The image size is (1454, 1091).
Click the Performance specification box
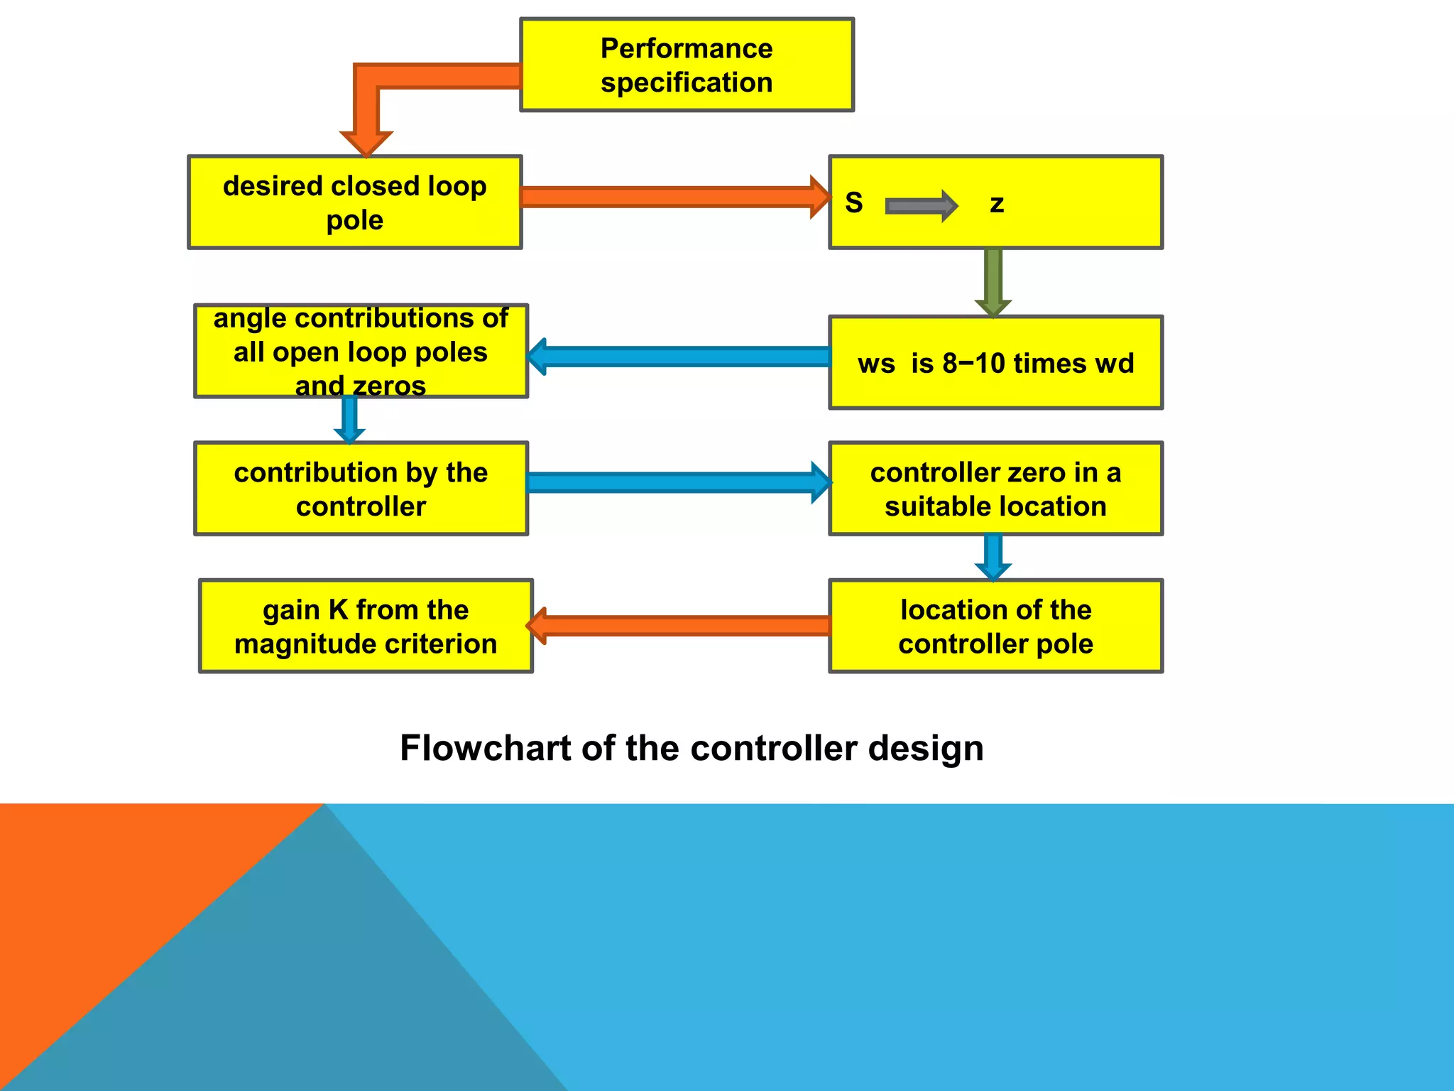(687, 65)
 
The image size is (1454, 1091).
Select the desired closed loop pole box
(354, 202)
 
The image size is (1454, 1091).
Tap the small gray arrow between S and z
(921, 206)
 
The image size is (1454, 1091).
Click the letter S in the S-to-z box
(854, 203)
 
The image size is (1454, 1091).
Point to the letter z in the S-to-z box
(997, 204)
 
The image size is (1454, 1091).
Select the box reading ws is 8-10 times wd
(995, 363)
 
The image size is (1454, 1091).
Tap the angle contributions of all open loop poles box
(361, 352)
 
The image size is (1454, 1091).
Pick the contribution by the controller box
(361, 489)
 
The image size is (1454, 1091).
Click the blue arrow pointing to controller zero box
(678, 483)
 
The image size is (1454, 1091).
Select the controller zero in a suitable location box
(995, 489)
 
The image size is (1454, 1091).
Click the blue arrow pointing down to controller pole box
(993, 557)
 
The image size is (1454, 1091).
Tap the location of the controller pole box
(995, 626)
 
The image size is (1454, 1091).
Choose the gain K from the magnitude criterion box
(366, 626)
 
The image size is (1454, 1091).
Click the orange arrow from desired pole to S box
(674, 197)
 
